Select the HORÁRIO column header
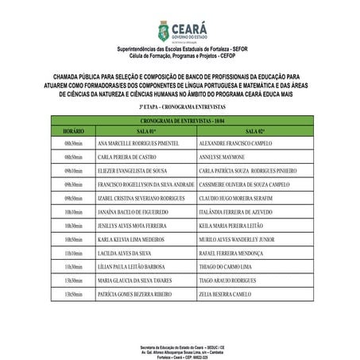73,130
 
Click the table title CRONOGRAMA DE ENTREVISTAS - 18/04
180,119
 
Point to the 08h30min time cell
73,144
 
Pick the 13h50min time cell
73,294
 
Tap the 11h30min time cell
73,266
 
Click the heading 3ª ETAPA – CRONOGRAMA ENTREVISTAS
180,105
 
